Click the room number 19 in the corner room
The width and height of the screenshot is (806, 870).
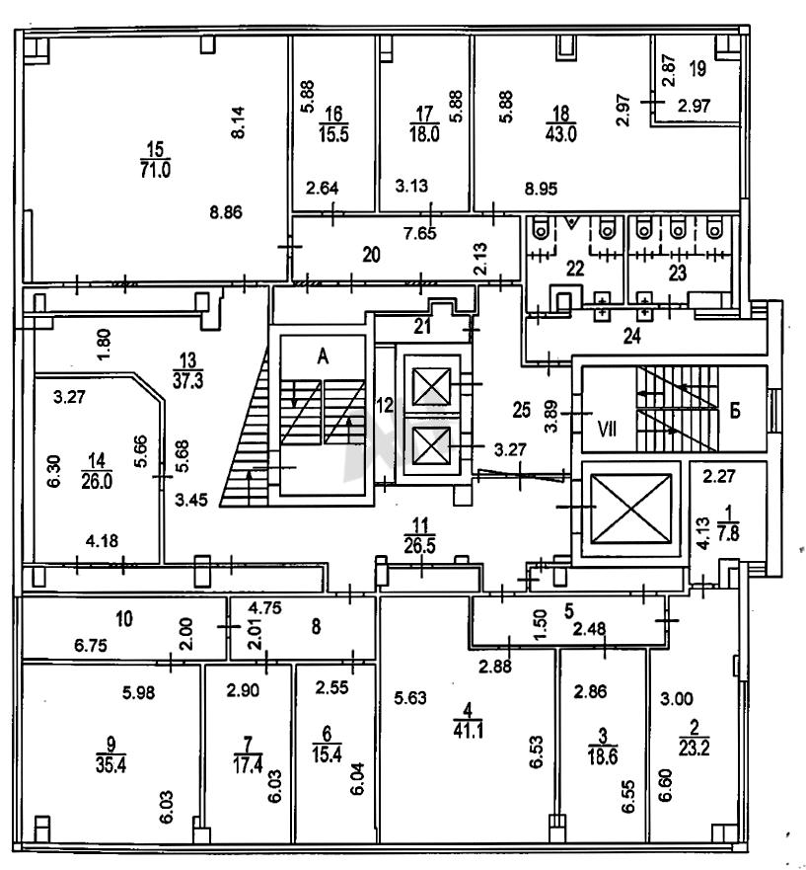[x=696, y=69]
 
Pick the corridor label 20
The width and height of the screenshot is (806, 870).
[x=371, y=254]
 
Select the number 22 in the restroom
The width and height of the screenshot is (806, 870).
[x=575, y=268]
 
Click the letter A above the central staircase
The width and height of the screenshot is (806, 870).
[x=322, y=359]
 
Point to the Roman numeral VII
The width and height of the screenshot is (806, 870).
[x=607, y=431]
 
